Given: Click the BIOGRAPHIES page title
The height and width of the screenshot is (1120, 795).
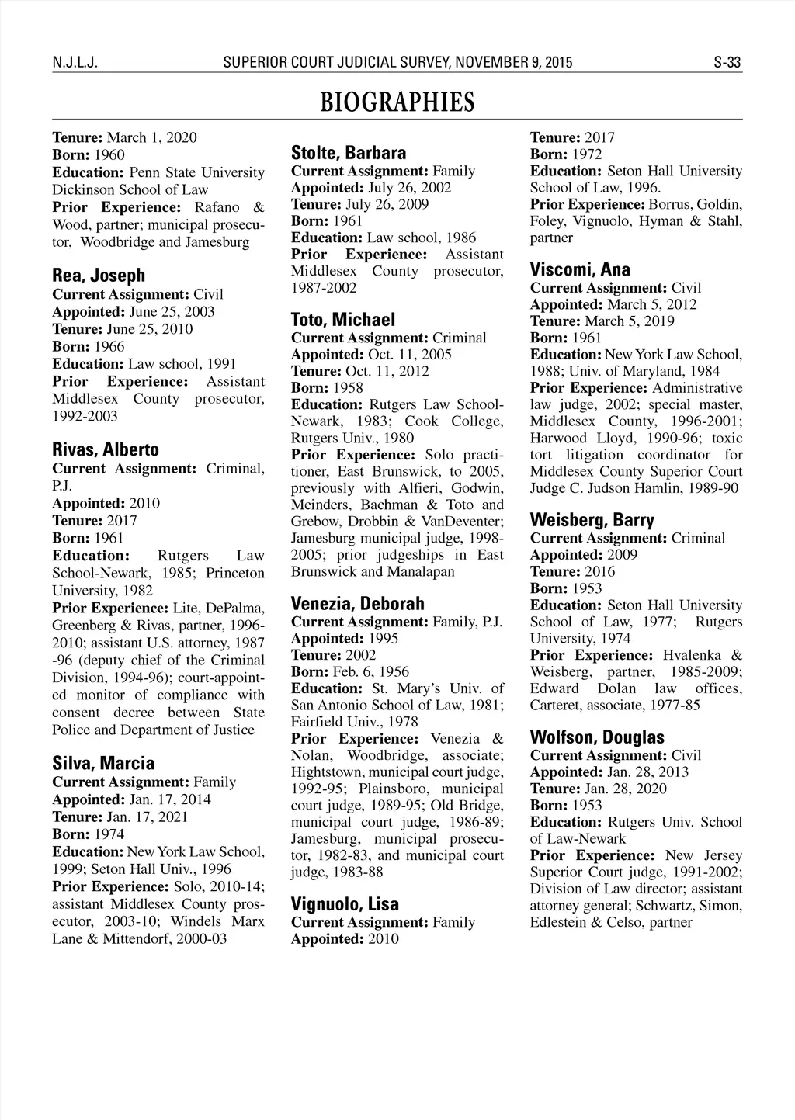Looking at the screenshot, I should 397,102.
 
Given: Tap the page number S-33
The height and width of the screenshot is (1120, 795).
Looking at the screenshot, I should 727,63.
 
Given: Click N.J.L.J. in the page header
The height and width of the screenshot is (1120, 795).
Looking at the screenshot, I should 74,63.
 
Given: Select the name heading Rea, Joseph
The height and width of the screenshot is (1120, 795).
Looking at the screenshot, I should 99,276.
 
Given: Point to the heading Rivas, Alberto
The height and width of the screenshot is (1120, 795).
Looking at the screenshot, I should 106,450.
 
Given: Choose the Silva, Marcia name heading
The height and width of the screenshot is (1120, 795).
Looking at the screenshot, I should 103,763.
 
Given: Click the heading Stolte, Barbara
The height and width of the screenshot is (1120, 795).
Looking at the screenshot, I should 349,153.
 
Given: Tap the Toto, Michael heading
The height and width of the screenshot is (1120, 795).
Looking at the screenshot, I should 343,320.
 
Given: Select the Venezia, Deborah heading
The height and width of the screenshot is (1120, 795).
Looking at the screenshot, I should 358,603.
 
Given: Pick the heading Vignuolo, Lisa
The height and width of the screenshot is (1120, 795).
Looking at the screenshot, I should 345,904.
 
